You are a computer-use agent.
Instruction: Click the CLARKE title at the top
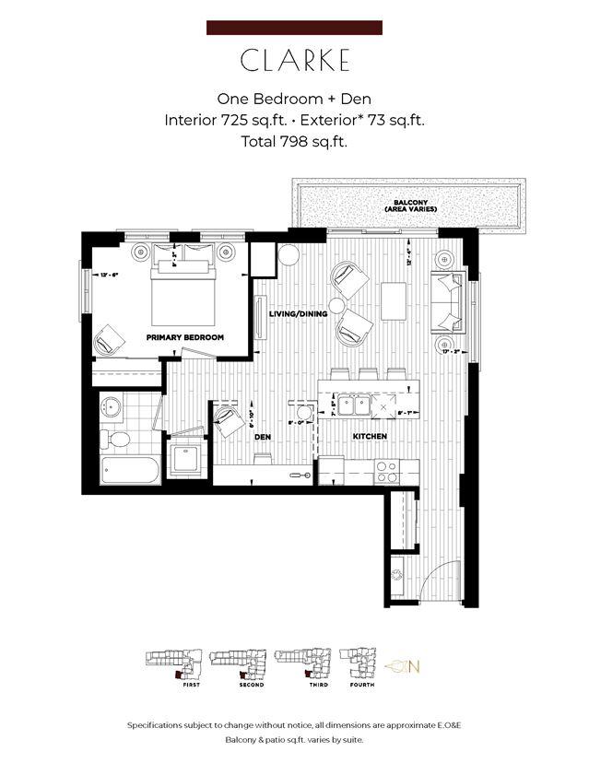tap(294, 61)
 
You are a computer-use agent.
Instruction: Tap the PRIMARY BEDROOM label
tap(184, 338)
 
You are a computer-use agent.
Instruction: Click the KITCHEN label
tap(368, 436)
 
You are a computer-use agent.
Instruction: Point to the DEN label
tap(262, 438)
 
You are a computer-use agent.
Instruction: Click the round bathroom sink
tap(115, 405)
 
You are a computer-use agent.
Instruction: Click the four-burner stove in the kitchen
tap(386, 472)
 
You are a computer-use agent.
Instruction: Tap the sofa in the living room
tap(451, 302)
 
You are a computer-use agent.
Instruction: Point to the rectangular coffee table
tap(394, 299)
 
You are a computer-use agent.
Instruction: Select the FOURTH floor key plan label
tap(361, 685)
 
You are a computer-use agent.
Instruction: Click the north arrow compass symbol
tap(402, 665)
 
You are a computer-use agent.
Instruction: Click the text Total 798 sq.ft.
tap(294, 142)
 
